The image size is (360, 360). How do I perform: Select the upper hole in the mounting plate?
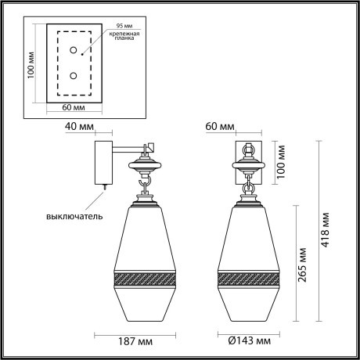coord(74,51)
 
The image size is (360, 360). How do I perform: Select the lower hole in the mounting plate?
coord(74,76)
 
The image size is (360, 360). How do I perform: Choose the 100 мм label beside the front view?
coord(282,160)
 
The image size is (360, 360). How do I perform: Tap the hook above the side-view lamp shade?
coord(144,185)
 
